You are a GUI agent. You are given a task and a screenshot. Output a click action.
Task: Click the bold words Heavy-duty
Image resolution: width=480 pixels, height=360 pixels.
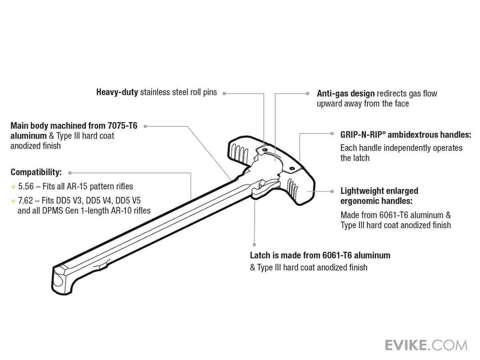117,92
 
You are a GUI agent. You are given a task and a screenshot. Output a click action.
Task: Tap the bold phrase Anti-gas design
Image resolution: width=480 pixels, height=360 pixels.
346,94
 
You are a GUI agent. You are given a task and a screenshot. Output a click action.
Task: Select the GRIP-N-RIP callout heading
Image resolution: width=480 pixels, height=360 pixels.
406,135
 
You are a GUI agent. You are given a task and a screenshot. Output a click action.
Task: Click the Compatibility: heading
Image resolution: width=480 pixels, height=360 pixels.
36,172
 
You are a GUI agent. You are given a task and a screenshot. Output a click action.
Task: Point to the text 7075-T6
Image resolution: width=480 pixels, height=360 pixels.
122,126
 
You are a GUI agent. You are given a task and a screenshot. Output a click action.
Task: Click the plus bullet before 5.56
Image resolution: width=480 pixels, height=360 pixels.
13,187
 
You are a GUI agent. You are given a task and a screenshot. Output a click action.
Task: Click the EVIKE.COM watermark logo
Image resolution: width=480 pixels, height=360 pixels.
426,345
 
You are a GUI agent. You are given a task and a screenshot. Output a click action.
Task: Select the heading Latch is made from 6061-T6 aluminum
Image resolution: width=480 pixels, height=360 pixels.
320,255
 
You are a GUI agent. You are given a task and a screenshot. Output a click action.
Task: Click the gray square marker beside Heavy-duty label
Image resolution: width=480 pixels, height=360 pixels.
224,93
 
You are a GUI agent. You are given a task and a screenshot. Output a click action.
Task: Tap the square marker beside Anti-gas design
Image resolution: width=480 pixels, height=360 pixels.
308,93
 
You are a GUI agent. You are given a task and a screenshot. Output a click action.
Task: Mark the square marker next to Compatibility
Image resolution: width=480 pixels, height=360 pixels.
70,173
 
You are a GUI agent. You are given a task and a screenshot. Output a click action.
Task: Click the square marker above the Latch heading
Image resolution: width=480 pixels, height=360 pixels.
254,244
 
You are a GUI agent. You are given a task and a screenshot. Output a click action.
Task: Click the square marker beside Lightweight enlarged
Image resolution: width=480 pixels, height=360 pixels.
332,191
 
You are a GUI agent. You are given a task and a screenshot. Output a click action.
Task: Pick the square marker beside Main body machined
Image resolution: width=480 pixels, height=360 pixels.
145,126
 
